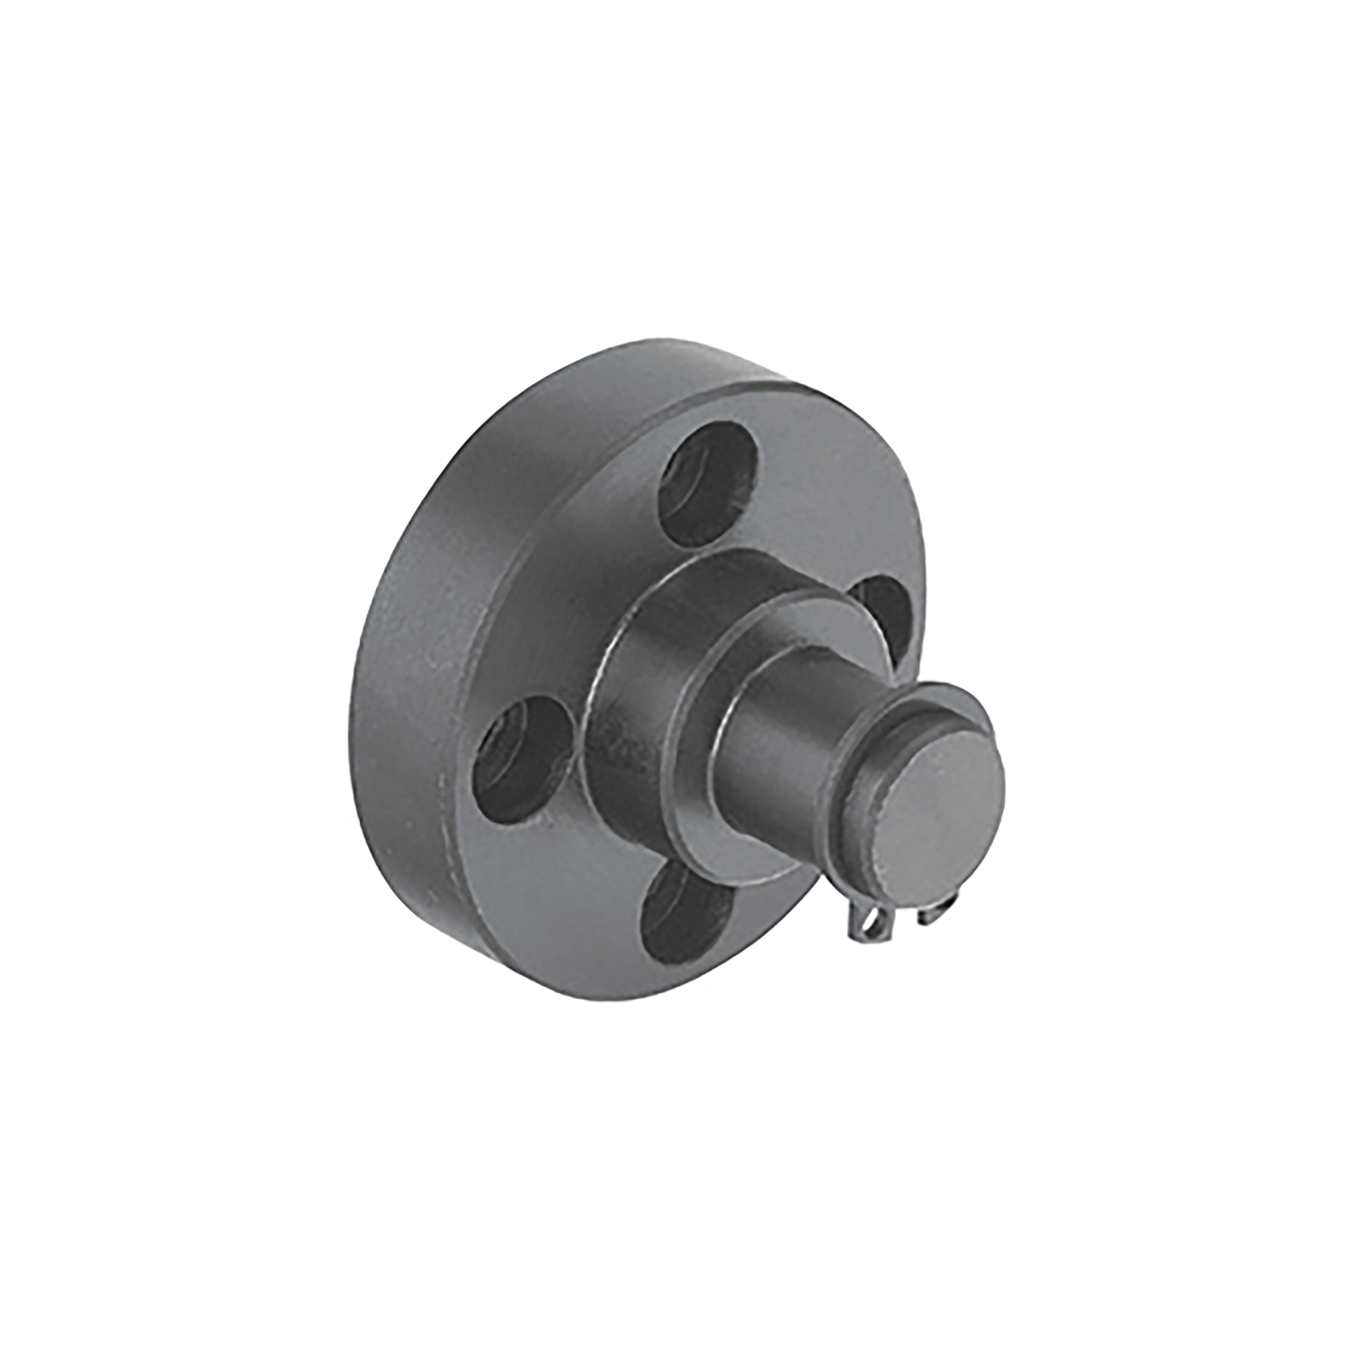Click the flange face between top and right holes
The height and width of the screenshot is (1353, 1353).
tap(828, 522)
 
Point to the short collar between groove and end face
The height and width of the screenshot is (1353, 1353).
tap(886, 792)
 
